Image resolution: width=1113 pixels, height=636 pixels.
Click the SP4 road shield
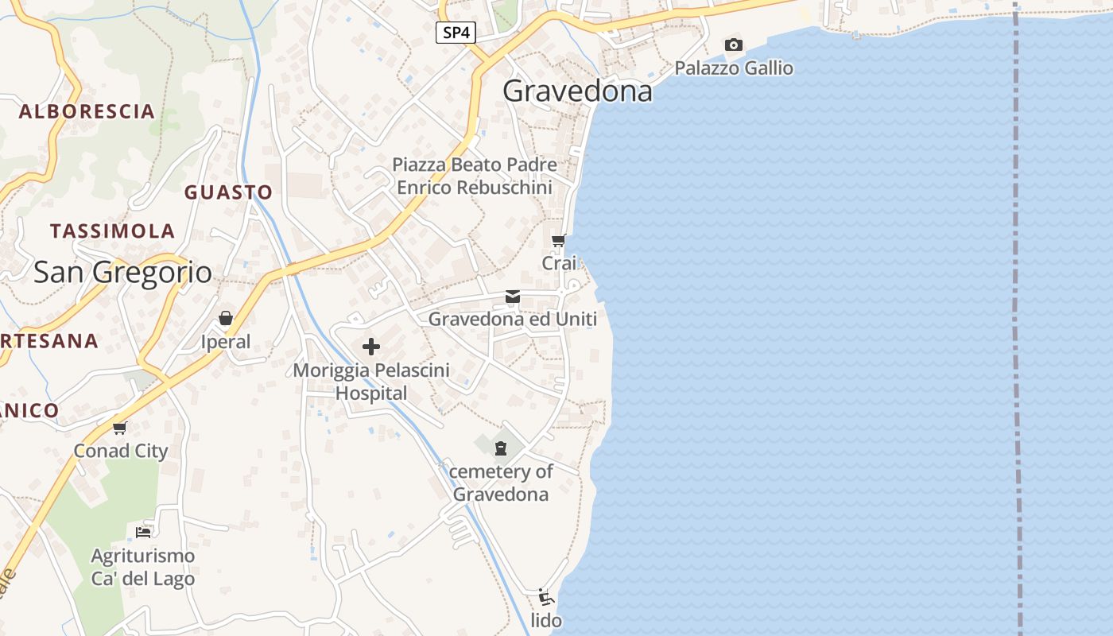point(456,33)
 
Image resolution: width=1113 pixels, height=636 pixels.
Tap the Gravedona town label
point(577,91)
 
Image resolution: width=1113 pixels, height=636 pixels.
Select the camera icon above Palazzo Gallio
point(734,45)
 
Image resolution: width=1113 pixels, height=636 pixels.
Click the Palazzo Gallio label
point(734,68)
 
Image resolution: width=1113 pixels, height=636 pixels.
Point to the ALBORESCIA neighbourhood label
point(87,111)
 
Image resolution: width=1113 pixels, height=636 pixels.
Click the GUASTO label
point(228,192)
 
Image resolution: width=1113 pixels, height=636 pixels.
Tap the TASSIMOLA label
point(112,231)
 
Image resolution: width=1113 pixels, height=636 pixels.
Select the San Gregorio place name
point(122,273)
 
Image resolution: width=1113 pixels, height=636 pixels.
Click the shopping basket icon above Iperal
point(226,319)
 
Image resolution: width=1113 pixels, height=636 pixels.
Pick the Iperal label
point(226,343)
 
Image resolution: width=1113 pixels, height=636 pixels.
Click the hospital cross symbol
point(370,347)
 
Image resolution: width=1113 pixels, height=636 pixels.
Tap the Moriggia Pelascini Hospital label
point(371,382)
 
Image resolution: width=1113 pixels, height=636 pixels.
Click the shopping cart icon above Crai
point(559,240)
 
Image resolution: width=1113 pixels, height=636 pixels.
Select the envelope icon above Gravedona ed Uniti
point(513,297)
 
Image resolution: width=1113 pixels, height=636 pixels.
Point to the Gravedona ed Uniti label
point(513,320)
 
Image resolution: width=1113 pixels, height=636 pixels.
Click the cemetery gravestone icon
point(501,449)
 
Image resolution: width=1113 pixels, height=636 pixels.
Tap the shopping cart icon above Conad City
point(120,429)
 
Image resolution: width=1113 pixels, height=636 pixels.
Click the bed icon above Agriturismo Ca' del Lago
point(143,532)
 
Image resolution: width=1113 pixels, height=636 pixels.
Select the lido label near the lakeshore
point(546,621)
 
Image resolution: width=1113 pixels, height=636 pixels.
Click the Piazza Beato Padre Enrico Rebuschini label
point(475,176)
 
